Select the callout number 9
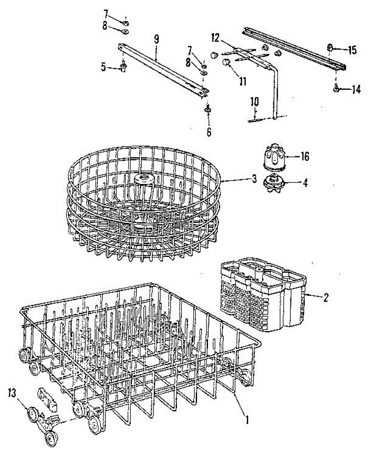tap(156, 39)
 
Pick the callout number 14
tap(356, 89)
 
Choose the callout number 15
tap(352, 50)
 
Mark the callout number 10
tap(254, 101)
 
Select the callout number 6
tap(209, 132)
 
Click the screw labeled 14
tap(336, 89)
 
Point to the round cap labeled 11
tap(227, 62)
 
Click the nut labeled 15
tap(330, 48)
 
